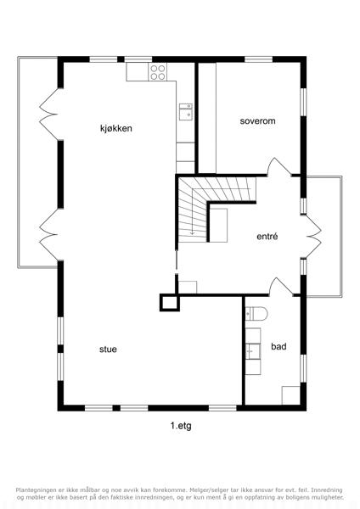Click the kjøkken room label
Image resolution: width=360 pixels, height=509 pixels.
click(116, 129)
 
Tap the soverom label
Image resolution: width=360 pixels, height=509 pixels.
click(257, 121)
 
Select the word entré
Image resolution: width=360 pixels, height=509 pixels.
click(267, 236)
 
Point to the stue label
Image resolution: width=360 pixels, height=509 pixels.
click(108, 350)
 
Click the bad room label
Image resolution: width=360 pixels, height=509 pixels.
click(278, 346)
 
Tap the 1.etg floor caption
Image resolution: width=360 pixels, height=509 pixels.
click(181, 426)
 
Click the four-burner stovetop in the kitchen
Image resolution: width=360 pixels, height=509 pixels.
click(158, 72)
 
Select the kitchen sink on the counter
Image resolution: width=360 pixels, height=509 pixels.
click(186, 112)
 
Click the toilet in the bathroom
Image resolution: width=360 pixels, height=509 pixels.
click(256, 314)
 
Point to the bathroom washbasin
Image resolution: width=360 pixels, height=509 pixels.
click(253, 351)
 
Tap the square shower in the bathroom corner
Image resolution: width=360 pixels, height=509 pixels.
click(290, 395)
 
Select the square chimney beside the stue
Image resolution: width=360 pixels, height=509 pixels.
click(170, 303)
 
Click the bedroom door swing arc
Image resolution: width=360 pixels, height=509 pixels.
click(278, 166)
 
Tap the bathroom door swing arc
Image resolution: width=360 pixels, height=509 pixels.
click(280, 287)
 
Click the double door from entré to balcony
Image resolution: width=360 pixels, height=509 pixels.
click(313, 237)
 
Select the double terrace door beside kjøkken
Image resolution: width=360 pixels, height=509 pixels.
click(48, 115)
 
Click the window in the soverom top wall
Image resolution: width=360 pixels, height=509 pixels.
click(258, 59)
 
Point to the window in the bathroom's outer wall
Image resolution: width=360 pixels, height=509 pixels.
click(303, 368)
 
